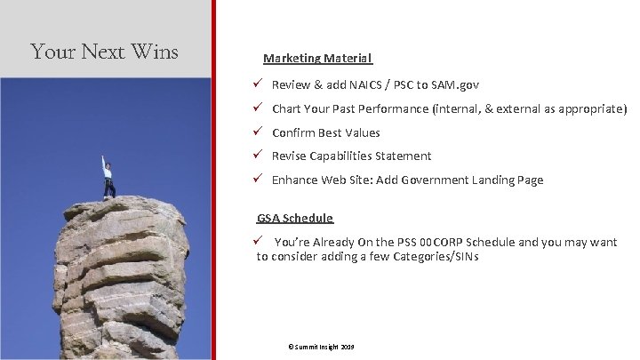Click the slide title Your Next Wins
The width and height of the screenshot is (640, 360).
(104, 52)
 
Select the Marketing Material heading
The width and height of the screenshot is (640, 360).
(317, 58)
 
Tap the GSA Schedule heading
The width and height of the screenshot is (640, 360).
(295, 218)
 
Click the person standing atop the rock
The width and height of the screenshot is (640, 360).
(108, 178)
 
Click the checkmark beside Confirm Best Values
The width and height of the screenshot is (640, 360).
(256, 132)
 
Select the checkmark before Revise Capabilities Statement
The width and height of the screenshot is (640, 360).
(256, 156)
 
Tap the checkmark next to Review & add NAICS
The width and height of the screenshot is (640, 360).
(256, 84)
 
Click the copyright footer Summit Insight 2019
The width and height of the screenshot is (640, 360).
(316, 346)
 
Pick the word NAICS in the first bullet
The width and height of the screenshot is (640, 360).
(370, 85)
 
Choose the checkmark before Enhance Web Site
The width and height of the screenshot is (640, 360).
(256, 180)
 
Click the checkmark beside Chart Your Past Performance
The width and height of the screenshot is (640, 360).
(256, 108)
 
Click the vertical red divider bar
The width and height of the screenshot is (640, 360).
(213, 178)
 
